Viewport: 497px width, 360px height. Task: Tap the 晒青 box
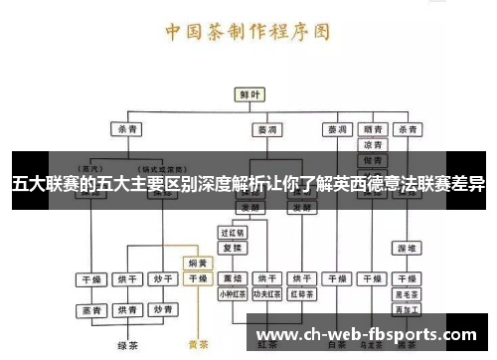tap(375, 129)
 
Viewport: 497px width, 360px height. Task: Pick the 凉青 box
tap(375, 145)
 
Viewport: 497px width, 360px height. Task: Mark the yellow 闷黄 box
tap(198, 264)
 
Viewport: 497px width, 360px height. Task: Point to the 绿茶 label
tap(128, 345)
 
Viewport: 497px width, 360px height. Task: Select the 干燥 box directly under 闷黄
tap(198, 278)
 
